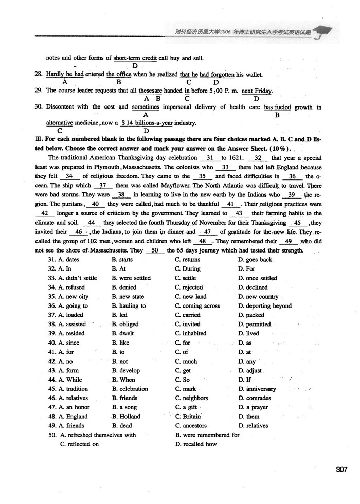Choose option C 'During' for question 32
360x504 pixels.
(x=188, y=269)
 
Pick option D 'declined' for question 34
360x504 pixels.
(x=253, y=287)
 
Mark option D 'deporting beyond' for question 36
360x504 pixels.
(x=264, y=306)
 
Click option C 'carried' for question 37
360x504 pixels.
(x=187, y=315)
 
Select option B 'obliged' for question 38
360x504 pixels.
(x=125, y=325)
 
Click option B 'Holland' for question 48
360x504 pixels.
(x=125, y=417)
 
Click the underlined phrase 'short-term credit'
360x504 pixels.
(x=135, y=58)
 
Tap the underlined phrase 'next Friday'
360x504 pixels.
(x=256, y=91)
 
